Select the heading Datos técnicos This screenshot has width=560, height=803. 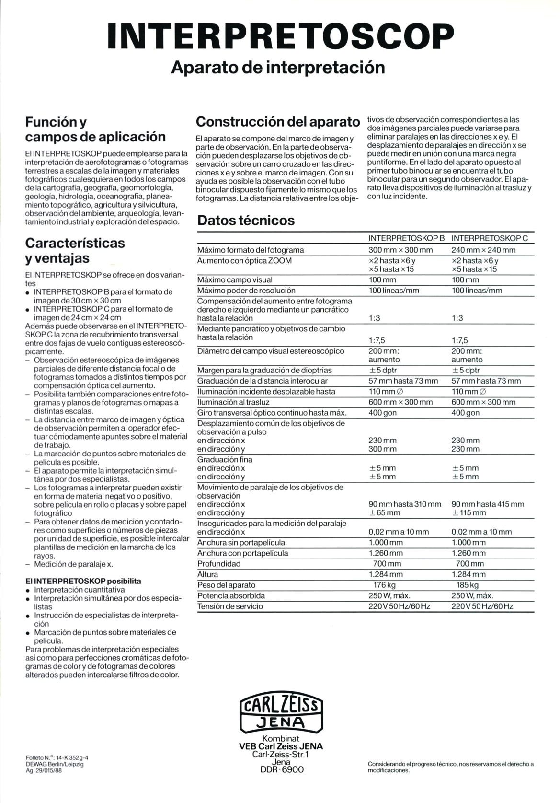[246, 221]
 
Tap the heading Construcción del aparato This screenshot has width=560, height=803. [278, 121]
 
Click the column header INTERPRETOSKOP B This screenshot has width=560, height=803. [407, 238]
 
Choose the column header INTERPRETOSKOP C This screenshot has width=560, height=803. [490, 238]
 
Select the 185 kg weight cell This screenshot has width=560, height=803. [468, 585]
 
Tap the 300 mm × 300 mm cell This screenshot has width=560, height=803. [400, 250]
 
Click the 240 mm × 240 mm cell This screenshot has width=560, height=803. [483, 250]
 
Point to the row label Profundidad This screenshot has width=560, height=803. [219, 564]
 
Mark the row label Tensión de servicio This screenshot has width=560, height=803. [230, 606]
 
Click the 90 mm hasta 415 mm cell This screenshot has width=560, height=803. [488, 504]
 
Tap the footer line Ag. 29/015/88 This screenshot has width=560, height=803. [44, 771]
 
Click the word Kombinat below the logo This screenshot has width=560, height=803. [281, 739]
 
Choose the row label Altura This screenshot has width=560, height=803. [208, 574]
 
